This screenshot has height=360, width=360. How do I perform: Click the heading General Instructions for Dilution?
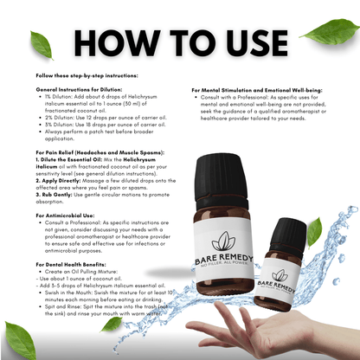(80, 89)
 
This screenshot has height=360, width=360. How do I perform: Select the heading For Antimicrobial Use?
(68, 213)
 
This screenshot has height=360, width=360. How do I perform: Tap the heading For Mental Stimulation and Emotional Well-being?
(257, 89)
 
